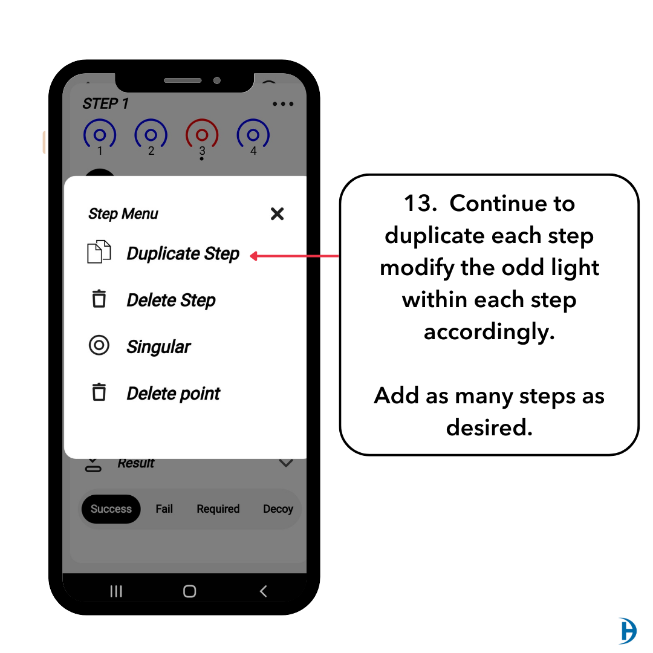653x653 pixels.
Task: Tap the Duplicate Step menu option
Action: [x=183, y=253]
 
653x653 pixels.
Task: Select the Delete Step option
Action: [x=171, y=301]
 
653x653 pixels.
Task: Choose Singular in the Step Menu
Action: [x=158, y=346]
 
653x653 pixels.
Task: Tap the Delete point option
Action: [x=174, y=393]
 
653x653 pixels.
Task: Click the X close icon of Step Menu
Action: [x=277, y=214]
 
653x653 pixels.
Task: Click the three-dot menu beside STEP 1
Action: [x=283, y=104]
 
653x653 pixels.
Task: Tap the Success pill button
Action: [x=111, y=509]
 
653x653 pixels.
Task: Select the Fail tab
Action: [x=164, y=509]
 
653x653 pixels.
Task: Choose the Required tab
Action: [x=218, y=509]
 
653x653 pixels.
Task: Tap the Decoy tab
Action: [x=278, y=509]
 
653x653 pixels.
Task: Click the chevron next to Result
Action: [x=285, y=463]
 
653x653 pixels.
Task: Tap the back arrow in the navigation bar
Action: [x=263, y=591]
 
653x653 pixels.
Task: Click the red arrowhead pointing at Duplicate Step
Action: [x=254, y=256]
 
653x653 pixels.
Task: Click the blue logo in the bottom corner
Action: [x=628, y=631]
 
